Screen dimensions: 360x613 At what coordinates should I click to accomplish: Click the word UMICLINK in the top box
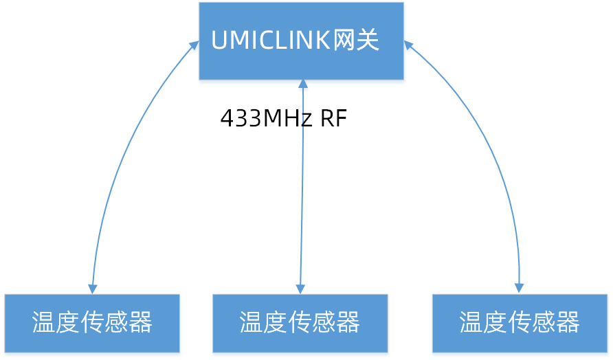(271, 41)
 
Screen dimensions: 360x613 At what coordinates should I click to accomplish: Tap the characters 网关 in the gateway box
(356, 41)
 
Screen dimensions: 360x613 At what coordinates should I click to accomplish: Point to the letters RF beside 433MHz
(333, 119)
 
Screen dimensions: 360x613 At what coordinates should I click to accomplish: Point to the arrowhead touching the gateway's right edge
(408, 45)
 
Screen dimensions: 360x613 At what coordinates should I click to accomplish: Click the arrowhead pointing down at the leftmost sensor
(93, 289)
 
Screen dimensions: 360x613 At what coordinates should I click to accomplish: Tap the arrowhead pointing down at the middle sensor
(300, 289)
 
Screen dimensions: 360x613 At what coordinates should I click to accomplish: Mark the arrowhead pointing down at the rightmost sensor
(520, 288)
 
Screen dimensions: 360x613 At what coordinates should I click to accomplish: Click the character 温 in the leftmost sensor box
(44, 322)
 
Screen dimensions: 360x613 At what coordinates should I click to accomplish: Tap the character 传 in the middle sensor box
(300, 322)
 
